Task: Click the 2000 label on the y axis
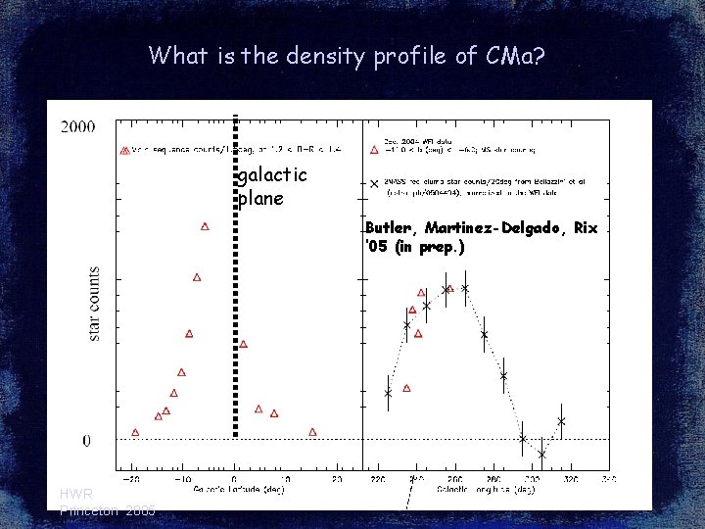click(77, 126)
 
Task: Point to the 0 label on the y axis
click(87, 441)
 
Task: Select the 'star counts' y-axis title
click(94, 303)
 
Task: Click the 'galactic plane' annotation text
click(272, 186)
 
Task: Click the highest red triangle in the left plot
click(205, 226)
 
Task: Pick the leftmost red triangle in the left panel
click(135, 432)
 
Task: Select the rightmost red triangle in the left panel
click(312, 432)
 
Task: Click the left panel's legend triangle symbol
click(124, 151)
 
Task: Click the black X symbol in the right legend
click(374, 183)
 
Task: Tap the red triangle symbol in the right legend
click(374, 150)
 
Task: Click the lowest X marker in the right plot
click(541, 455)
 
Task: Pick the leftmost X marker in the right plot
click(388, 393)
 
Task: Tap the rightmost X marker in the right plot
click(561, 421)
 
